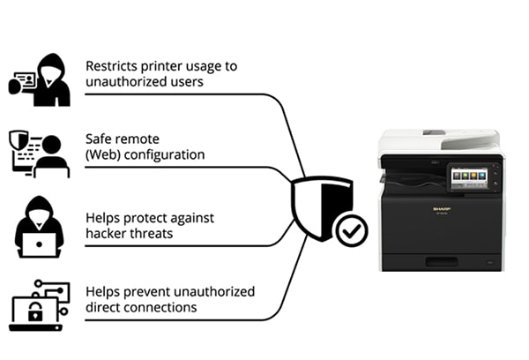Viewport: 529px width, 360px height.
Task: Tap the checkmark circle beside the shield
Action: [x=352, y=231]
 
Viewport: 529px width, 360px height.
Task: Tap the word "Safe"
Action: [x=99, y=139]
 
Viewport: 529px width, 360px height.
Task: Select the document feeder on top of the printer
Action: [x=438, y=139]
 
